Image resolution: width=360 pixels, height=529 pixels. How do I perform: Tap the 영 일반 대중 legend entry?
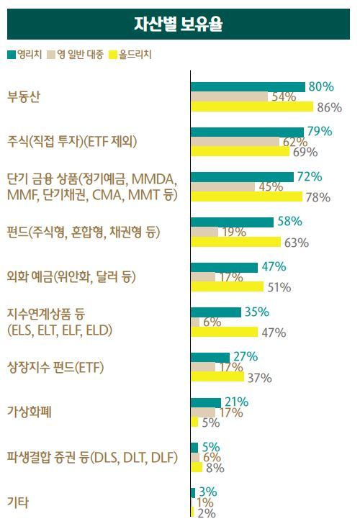click(x=76, y=54)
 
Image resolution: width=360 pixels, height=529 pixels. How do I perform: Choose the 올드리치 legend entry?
click(x=130, y=54)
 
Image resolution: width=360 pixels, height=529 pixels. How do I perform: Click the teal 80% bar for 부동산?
click(x=248, y=86)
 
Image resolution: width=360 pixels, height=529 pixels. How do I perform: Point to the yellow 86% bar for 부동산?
click(x=252, y=107)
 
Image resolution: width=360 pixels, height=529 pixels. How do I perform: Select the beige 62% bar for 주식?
click(x=235, y=142)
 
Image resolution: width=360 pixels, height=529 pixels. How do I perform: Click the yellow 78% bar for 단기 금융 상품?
click(x=246, y=196)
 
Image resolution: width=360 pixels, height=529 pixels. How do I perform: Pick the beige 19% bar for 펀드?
click(x=204, y=232)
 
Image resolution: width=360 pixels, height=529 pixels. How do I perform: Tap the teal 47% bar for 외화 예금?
click(x=224, y=267)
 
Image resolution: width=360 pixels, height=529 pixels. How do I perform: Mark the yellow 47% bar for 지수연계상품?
click(x=224, y=332)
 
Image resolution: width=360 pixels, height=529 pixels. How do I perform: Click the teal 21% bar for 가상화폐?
click(x=206, y=402)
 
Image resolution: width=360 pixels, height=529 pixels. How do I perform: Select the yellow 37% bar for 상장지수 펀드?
click(x=217, y=377)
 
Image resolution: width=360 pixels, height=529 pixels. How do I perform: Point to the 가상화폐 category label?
click(x=29, y=412)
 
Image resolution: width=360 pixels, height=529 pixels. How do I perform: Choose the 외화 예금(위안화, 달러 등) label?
click(x=71, y=277)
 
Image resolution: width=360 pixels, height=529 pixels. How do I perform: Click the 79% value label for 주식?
click(x=319, y=131)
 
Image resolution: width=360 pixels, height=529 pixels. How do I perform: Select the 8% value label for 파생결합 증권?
click(x=215, y=468)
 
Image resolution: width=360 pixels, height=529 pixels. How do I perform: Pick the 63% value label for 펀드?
click(x=296, y=243)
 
